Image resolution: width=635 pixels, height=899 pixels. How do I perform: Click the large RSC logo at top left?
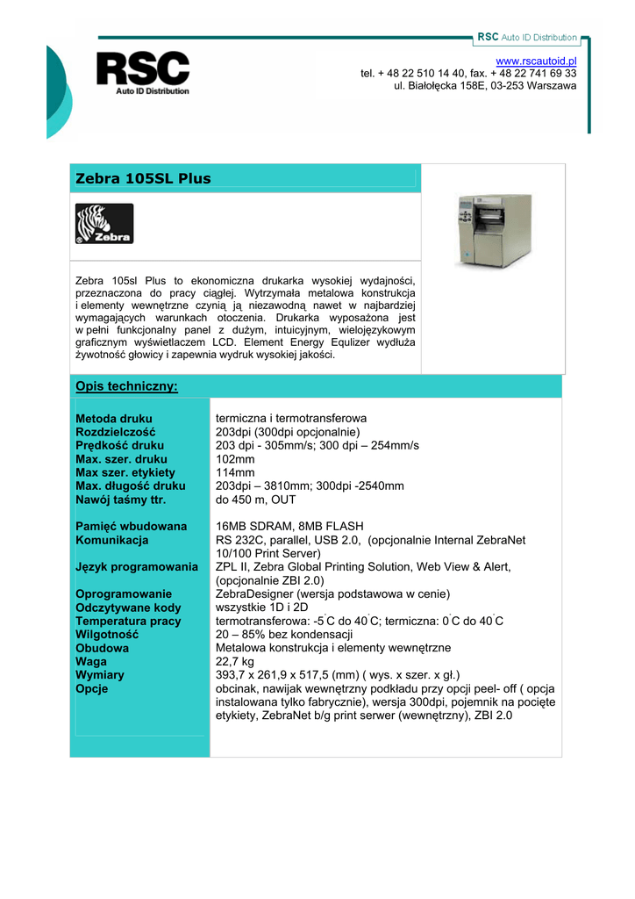point(142,72)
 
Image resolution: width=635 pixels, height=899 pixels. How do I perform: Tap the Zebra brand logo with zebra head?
point(104,224)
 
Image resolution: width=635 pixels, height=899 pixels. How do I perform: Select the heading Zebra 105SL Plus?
point(143,179)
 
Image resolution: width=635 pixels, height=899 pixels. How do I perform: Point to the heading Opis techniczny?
point(126,386)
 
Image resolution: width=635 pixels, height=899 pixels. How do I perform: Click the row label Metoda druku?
point(114,419)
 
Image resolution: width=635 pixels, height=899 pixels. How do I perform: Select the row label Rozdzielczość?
point(116,432)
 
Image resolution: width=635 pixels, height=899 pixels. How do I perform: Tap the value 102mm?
point(235,459)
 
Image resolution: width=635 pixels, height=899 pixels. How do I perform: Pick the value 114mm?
point(235,472)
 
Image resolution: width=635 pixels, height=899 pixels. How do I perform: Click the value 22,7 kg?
point(235,661)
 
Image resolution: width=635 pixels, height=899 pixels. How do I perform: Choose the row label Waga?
point(91,661)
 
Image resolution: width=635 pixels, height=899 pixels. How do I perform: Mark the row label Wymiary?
point(100,675)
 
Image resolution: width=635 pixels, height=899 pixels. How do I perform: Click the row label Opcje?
point(92,688)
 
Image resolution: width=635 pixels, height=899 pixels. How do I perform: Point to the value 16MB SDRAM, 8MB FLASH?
point(289,527)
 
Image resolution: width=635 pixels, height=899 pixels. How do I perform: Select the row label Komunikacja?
point(112,540)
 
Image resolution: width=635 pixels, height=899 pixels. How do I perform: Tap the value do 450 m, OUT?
point(256,500)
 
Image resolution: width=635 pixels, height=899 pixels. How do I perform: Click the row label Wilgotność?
point(108,634)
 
